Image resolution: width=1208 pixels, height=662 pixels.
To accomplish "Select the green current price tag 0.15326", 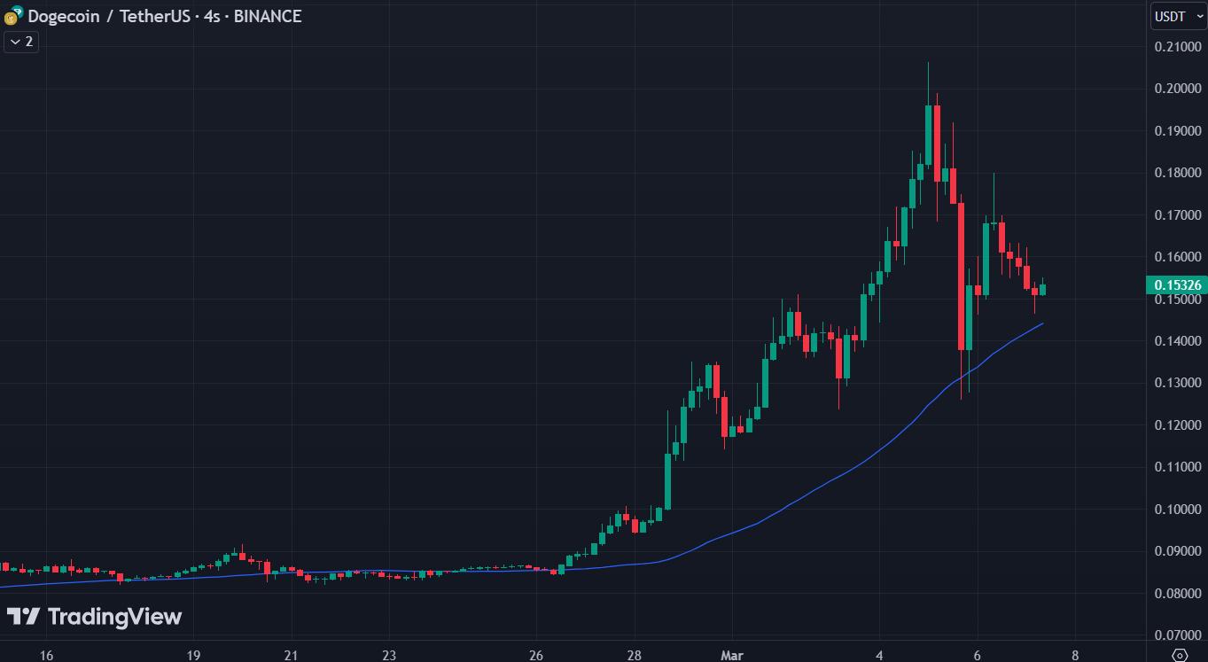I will point(1175,284).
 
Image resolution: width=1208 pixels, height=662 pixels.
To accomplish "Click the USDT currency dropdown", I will point(1178,16).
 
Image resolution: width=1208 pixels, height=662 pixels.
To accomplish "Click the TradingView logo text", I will point(113,617).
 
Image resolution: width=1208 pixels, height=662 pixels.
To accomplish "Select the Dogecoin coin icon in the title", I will point(12,17).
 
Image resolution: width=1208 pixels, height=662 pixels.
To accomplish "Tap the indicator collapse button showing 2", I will point(21,42).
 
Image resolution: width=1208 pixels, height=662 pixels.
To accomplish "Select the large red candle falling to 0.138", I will point(961,275).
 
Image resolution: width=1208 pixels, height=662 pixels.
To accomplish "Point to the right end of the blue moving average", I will point(1042,323).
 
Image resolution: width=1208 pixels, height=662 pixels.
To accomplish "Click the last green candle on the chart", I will point(1042,290).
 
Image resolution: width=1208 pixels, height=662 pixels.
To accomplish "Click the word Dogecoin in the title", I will point(63,16).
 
